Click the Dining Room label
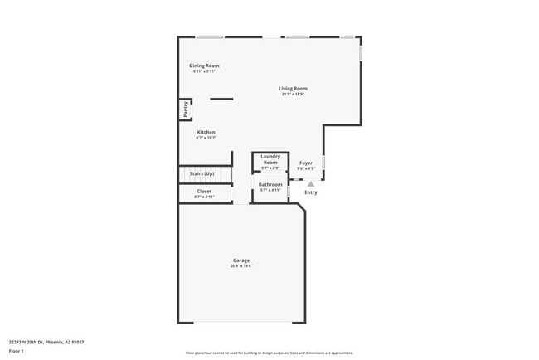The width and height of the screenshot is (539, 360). (x=204, y=66)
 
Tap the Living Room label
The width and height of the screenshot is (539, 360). (x=293, y=89)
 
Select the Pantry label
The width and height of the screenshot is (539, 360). (x=185, y=109)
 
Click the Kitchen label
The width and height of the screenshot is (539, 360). (x=206, y=133)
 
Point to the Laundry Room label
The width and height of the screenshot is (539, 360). (x=270, y=159)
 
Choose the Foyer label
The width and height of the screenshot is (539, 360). (x=305, y=163)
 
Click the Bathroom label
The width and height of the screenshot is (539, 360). (x=270, y=184)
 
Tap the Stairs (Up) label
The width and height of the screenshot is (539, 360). (x=202, y=173)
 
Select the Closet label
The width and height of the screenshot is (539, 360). (x=204, y=192)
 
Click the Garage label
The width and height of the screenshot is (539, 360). (x=241, y=261)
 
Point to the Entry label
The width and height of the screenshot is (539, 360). (x=310, y=192)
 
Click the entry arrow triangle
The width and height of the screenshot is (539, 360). (x=311, y=184)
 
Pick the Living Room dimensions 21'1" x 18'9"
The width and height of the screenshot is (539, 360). (x=293, y=95)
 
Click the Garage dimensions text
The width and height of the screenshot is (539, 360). (x=241, y=266)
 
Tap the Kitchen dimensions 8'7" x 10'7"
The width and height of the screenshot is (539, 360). (x=206, y=138)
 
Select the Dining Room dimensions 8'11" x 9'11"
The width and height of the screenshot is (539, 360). (x=204, y=71)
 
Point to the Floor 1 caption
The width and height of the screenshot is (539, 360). (x=17, y=352)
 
